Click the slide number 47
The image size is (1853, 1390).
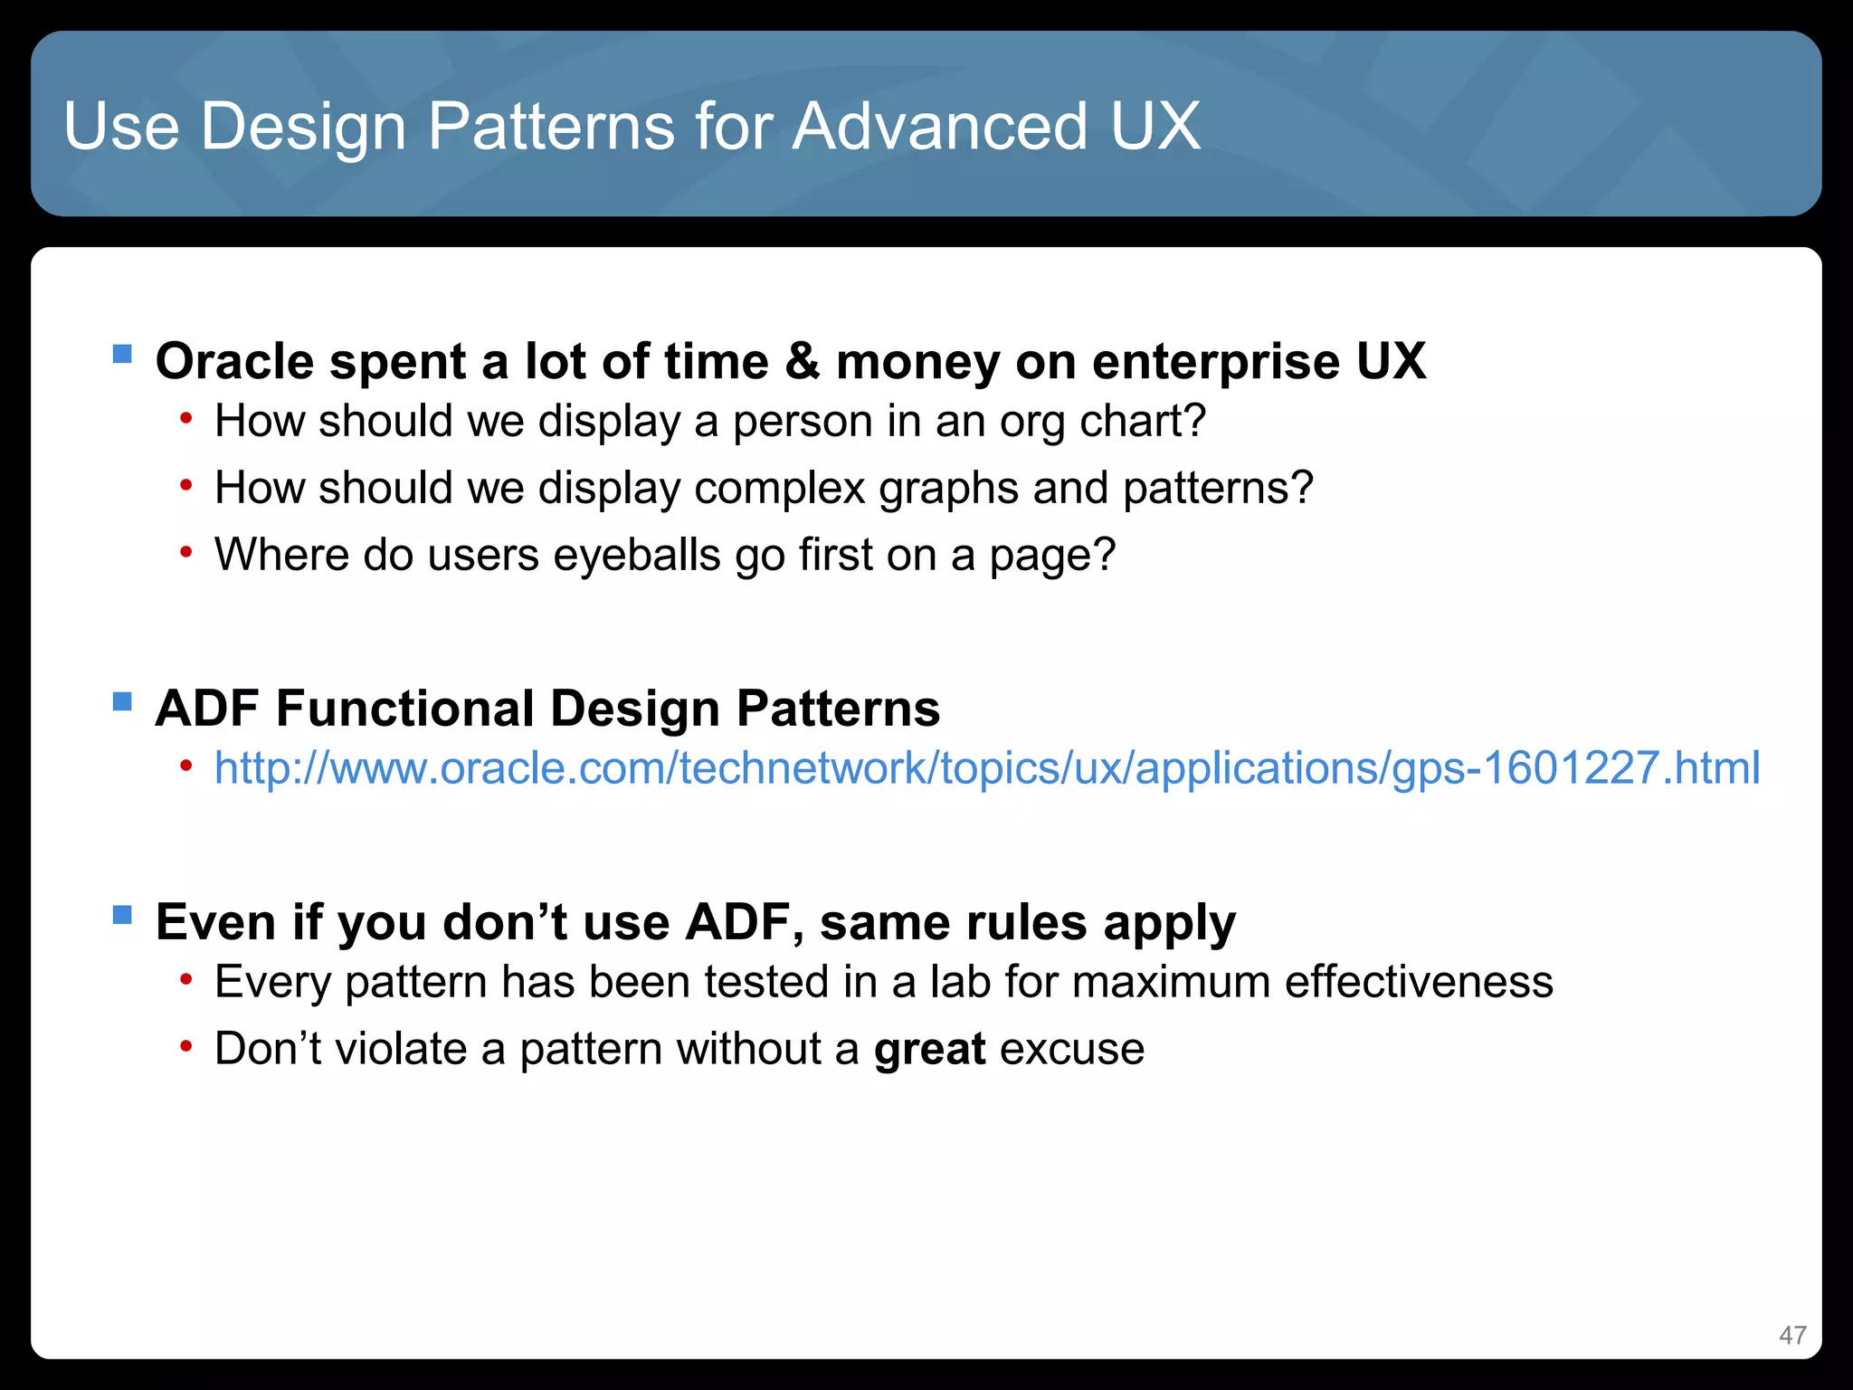click(x=1791, y=1335)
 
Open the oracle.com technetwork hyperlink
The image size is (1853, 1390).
click(x=986, y=767)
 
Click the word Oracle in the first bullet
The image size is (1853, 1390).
click(x=234, y=361)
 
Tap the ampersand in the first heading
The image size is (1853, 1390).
click(x=802, y=361)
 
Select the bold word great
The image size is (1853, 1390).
click(x=929, y=1050)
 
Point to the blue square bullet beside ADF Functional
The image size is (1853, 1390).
click(x=123, y=702)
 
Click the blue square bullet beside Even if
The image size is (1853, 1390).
click(x=123, y=916)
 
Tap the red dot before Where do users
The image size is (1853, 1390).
click(x=185, y=552)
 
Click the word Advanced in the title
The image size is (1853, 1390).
click(x=939, y=126)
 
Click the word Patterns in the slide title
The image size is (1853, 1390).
click(x=551, y=126)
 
